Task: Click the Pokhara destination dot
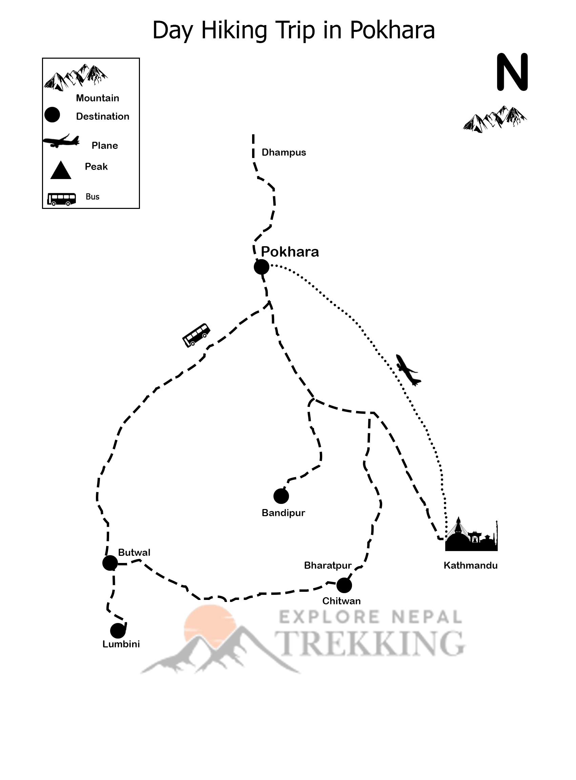262,267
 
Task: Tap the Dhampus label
284,153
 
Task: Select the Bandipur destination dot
281,496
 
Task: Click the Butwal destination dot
110,563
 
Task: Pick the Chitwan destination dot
344,585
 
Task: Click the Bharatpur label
327,565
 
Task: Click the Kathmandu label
470,565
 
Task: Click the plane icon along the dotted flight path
408,370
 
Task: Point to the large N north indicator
512,72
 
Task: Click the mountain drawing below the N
495,119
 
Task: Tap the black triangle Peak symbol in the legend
61,171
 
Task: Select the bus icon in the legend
62,199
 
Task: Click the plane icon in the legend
61,141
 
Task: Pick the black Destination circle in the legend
52,115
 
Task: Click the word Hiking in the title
234,31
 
